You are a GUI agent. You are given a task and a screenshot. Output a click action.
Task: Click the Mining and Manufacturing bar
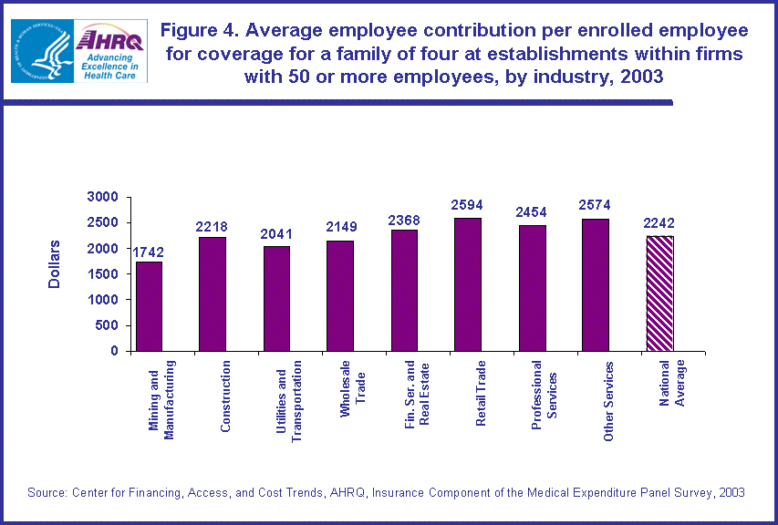click(149, 306)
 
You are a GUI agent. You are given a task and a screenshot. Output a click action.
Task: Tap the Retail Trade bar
click(467, 284)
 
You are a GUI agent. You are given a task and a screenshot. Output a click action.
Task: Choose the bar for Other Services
click(595, 284)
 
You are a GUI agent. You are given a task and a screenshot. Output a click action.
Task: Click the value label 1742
click(148, 252)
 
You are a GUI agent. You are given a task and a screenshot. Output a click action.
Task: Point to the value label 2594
click(467, 206)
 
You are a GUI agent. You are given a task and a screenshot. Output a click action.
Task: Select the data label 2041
click(275, 234)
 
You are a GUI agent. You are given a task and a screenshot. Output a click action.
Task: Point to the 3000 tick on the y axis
click(104, 197)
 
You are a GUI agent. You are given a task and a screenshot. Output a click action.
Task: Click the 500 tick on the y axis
click(109, 325)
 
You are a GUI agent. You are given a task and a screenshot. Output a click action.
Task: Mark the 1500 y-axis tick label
click(104, 274)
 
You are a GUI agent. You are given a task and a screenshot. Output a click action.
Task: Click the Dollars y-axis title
click(54, 264)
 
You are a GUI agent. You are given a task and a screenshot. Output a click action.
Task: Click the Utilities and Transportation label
click(288, 402)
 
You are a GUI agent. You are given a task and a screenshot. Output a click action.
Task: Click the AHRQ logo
click(112, 51)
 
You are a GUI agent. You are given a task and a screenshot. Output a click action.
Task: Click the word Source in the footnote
click(47, 492)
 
